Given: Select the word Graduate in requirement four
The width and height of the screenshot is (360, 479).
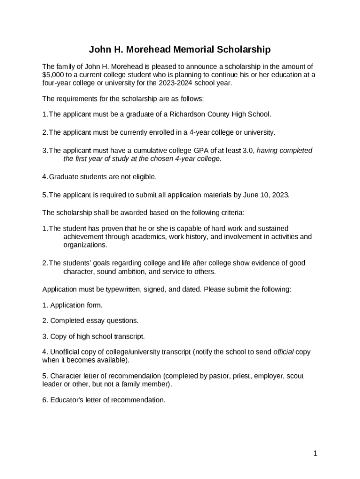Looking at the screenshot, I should pos(64,177).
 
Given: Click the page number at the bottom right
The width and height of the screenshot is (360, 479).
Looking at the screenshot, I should pos(316,453).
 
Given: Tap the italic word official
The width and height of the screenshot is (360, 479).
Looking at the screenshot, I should pos(283,352).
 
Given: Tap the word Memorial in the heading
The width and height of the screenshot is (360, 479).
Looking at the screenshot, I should pos(193,49).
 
